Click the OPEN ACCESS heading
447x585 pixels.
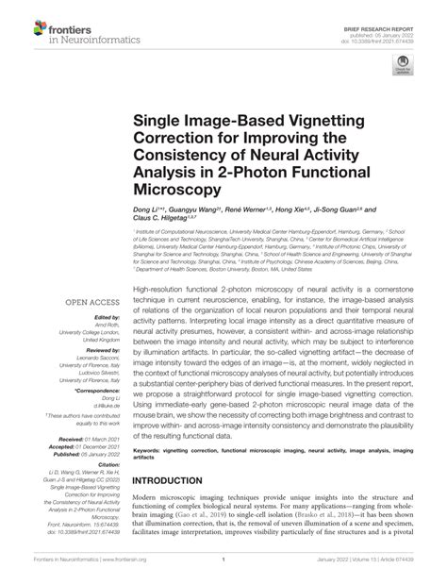[x=90, y=276]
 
